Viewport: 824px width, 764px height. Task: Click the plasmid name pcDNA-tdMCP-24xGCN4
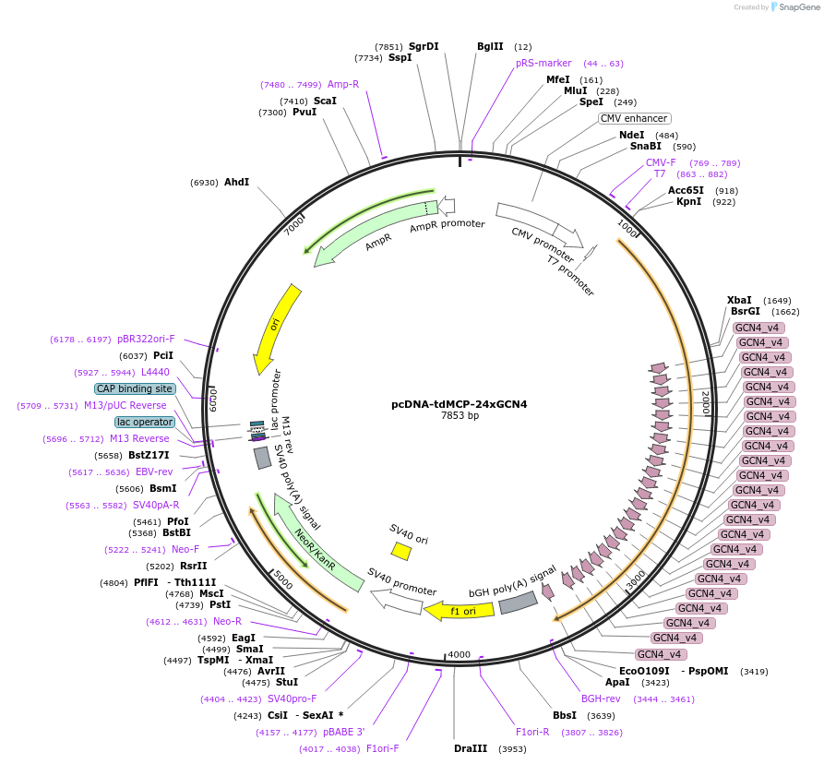click(x=460, y=403)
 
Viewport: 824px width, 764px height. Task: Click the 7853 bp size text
click(x=460, y=415)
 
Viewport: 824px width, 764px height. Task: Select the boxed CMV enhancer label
click(x=634, y=118)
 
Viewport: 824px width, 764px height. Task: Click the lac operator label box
click(x=145, y=422)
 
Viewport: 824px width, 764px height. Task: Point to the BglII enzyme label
click(x=490, y=46)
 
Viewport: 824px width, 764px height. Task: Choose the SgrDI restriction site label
click(x=424, y=46)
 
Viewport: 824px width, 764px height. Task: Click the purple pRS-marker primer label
click(x=543, y=63)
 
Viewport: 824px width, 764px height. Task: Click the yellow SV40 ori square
click(x=400, y=551)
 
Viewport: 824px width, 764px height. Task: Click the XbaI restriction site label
click(x=739, y=300)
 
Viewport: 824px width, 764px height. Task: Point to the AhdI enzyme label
click(x=236, y=182)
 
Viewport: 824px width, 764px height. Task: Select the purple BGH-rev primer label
click(x=601, y=698)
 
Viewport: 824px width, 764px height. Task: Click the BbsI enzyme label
click(x=564, y=715)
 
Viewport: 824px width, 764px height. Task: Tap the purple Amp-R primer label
click(x=342, y=84)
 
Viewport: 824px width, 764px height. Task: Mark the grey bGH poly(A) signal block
click(x=518, y=603)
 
